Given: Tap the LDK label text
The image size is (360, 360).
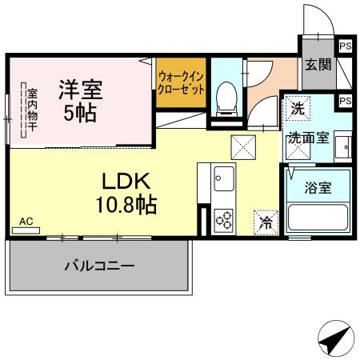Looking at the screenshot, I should click(x=120, y=181).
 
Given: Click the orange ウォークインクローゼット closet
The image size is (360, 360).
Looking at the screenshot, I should click(x=181, y=83).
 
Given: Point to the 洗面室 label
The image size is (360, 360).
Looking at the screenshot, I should click(x=308, y=137).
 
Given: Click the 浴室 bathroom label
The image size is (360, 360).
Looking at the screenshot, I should click(x=318, y=189).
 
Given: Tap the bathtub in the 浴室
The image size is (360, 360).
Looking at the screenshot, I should click(x=318, y=218).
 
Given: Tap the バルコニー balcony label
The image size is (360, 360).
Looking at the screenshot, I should click(x=99, y=266).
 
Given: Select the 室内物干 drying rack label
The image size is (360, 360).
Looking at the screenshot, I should click(x=23, y=112).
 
